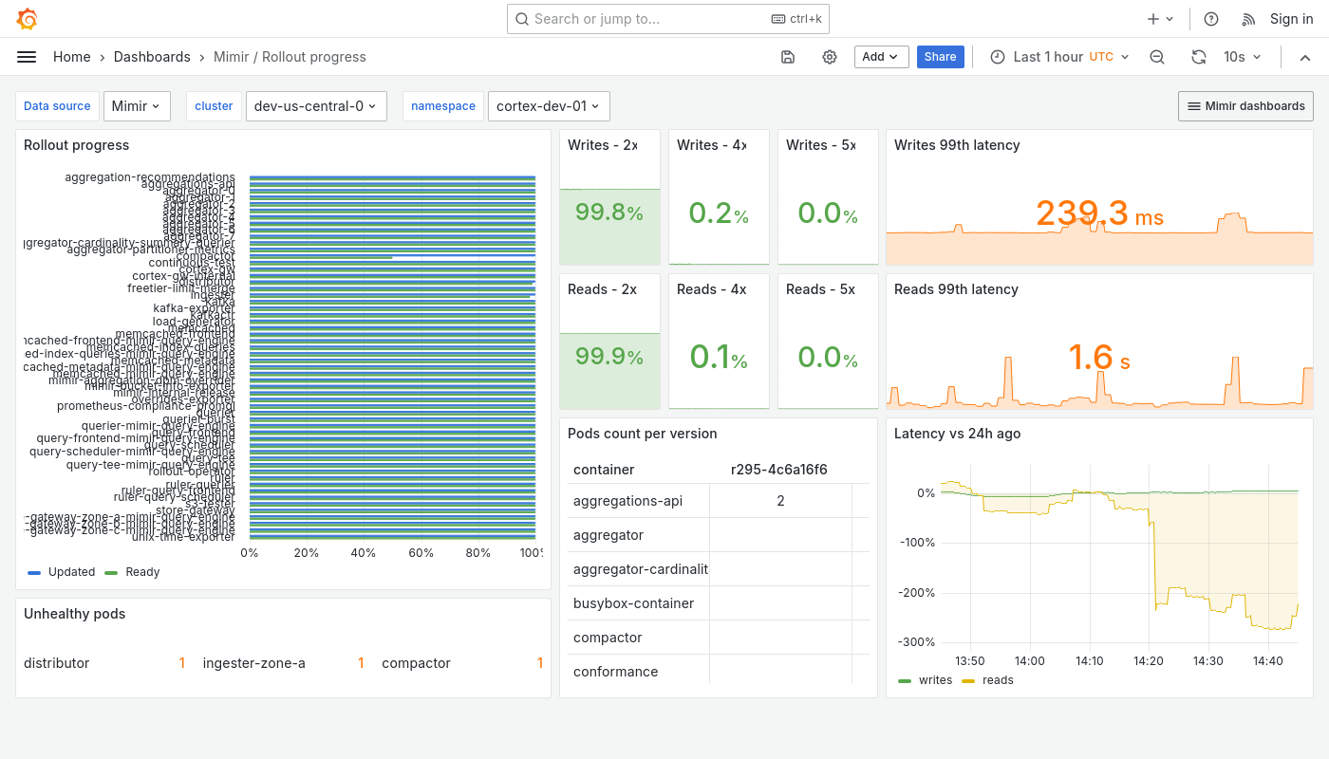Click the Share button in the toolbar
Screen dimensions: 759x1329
(x=940, y=57)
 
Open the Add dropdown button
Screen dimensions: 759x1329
(x=881, y=57)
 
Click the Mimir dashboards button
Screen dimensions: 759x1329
(x=1245, y=106)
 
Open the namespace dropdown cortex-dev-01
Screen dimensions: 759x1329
(x=549, y=106)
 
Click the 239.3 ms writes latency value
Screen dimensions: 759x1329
(x=1099, y=213)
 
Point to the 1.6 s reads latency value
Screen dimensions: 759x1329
(x=1099, y=358)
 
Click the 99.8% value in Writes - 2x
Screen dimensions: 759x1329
(x=608, y=213)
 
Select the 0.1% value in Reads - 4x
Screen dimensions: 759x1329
(x=719, y=358)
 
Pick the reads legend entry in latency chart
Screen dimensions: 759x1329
(x=997, y=680)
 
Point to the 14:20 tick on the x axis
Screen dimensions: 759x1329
(x=1149, y=661)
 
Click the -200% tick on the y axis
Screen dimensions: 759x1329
(x=917, y=593)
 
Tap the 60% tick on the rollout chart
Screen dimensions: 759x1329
(x=421, y=553)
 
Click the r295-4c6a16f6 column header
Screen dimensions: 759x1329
(x=778, y=470)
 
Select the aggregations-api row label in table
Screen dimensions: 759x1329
(x=627, y=501)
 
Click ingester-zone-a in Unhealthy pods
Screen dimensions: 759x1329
(x=253, y=663)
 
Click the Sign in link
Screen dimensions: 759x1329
(x=1291, y=19)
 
